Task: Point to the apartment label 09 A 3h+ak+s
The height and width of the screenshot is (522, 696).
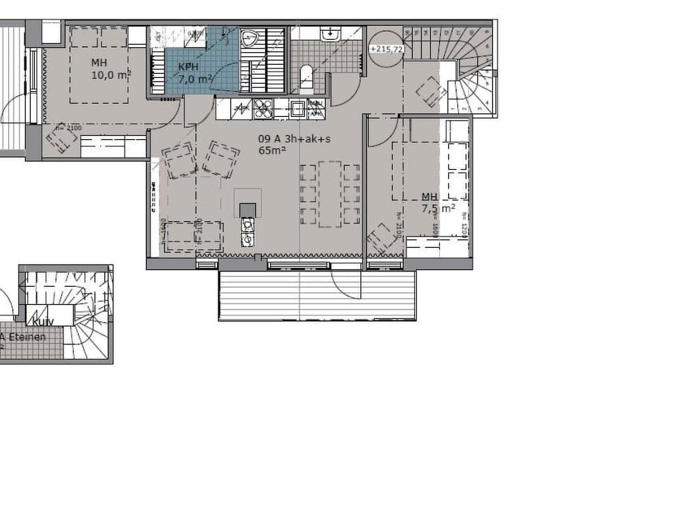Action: click(x=294, y=139)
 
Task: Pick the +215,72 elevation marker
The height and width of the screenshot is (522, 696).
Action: click(x=386, y=49)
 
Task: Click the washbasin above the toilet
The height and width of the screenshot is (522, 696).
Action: click(x=329, y=33)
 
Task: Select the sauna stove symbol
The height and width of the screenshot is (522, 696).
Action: click(x=249, y=38)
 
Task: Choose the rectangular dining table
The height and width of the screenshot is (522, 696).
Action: click(x=330, y=193)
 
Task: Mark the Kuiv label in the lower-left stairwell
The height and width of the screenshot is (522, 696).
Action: click(x=39, y=322)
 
